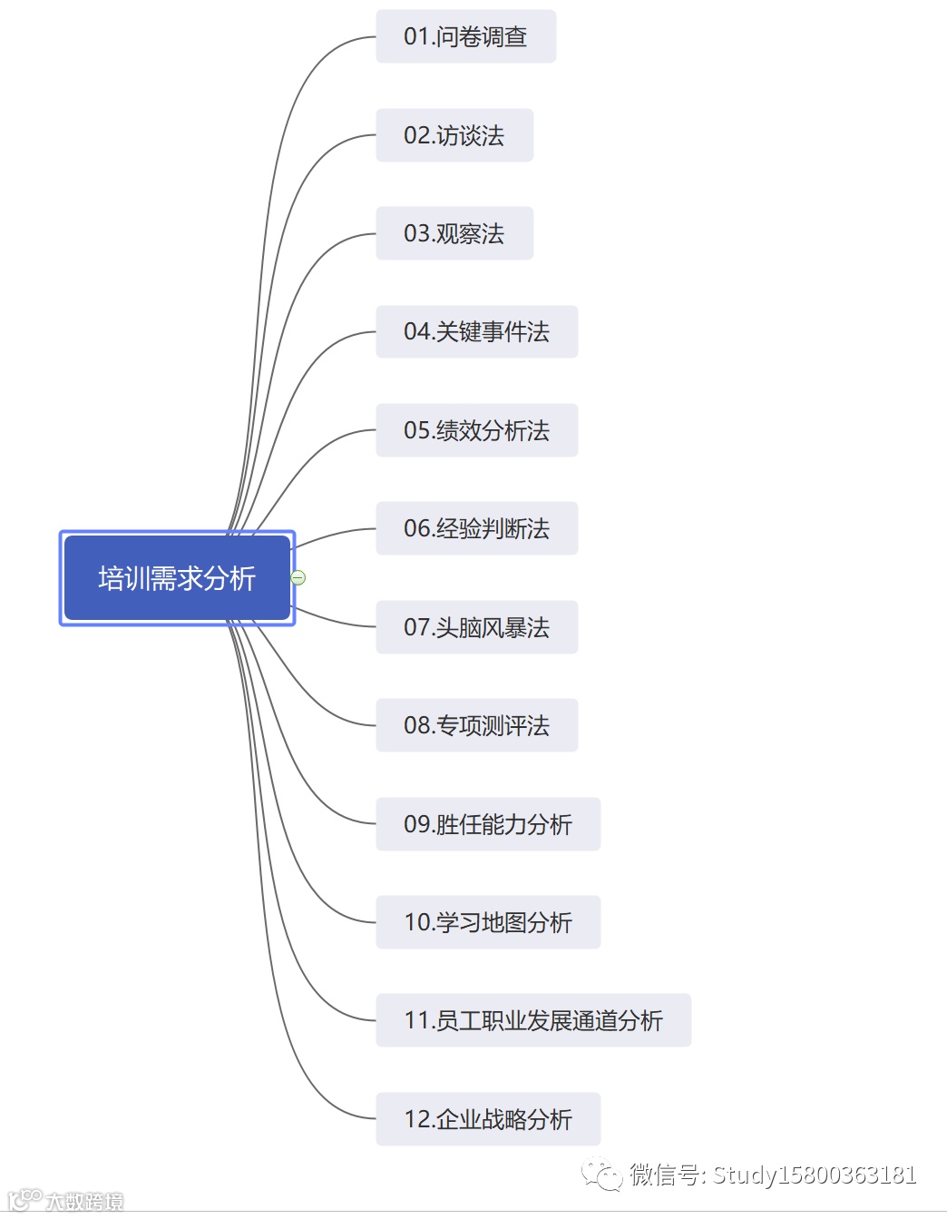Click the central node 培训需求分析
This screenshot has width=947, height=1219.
tap(177, 578)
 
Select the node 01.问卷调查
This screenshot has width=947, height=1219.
tap(465, 36)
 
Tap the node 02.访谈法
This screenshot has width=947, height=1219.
tap(454, 135)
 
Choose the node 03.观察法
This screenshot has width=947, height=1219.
tap(454, 233)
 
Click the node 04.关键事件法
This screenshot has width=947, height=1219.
tap(476, 331)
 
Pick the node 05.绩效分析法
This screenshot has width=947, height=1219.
tap(476, 430)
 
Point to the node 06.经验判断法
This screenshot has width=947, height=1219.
tap(476, 528)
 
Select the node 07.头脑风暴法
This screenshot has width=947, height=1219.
tap(476, 627)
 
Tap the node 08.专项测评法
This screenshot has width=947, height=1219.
tap(476, 725)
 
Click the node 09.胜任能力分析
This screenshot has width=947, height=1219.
tap(488, 824)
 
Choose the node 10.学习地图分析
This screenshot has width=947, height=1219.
tap(488, 922)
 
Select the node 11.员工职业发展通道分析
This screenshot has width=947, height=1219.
tap(533, 1020)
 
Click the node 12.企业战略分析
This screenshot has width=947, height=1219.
tap(488, 1119)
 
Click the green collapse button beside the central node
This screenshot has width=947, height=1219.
tap(298, 577)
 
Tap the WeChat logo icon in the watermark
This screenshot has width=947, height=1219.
tap(601, 1175)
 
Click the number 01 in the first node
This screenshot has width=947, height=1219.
tap(416, 36)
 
